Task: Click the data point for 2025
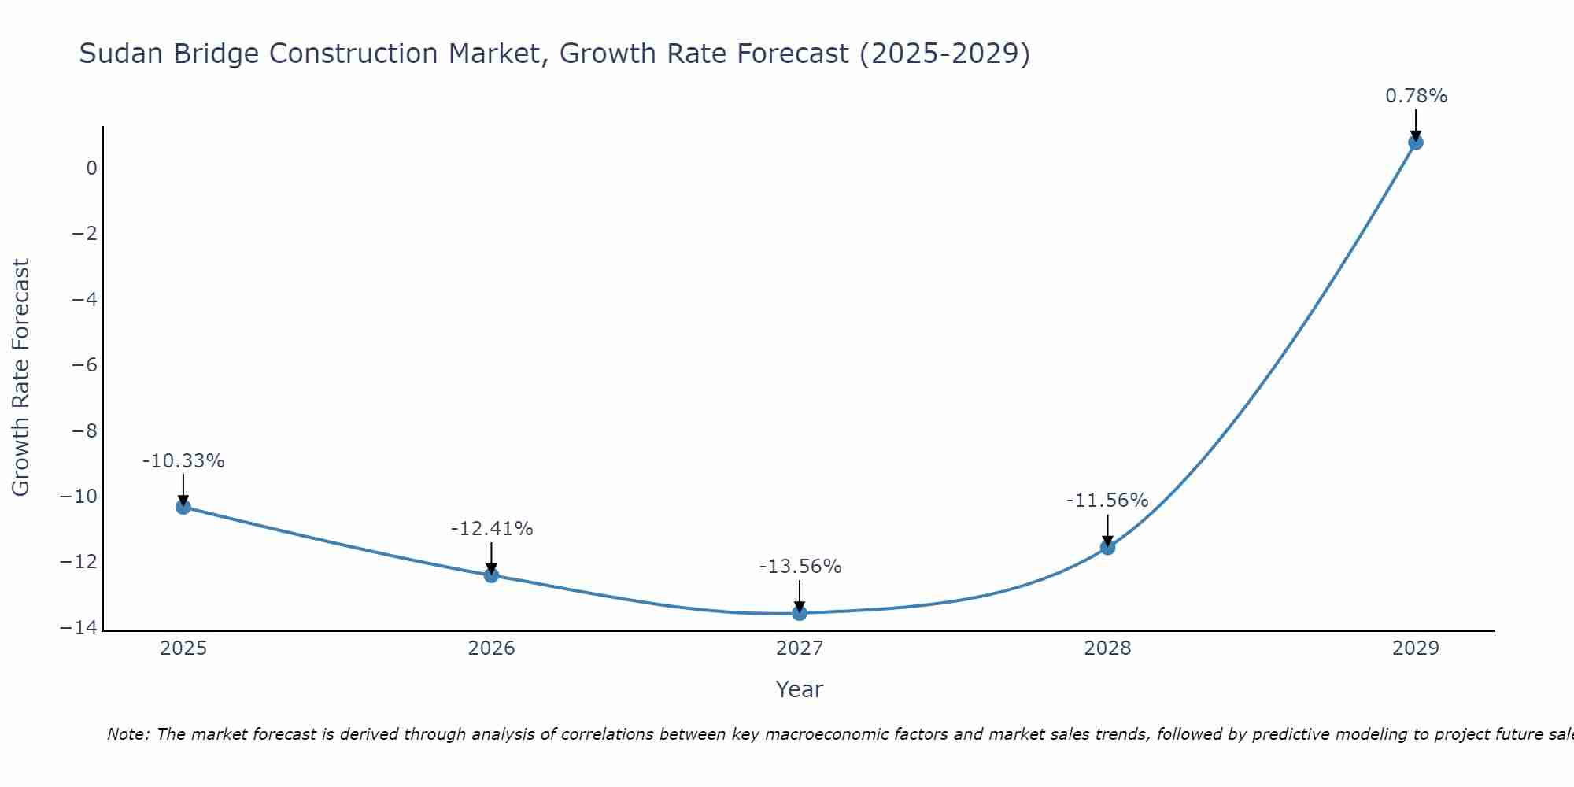(183, 507)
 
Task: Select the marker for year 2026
(491, 575)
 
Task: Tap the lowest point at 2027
(800, 613)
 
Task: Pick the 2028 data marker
(1107, 547)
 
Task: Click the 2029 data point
(1416, 142)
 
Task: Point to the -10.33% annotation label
(183, 461)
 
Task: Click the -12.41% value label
(492, 529)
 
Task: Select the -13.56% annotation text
(800, 567)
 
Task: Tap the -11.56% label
(1107, 501)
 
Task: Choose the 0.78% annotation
(1416, 96)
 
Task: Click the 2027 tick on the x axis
(800, 648)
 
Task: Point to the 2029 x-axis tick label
(1416, 648)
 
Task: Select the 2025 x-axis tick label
(183, 648)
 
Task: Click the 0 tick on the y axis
(92, 168)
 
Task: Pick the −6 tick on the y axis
(84, 365)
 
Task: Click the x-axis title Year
(800, 689)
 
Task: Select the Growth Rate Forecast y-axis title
(20, 378)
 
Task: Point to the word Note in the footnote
(127, 734)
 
